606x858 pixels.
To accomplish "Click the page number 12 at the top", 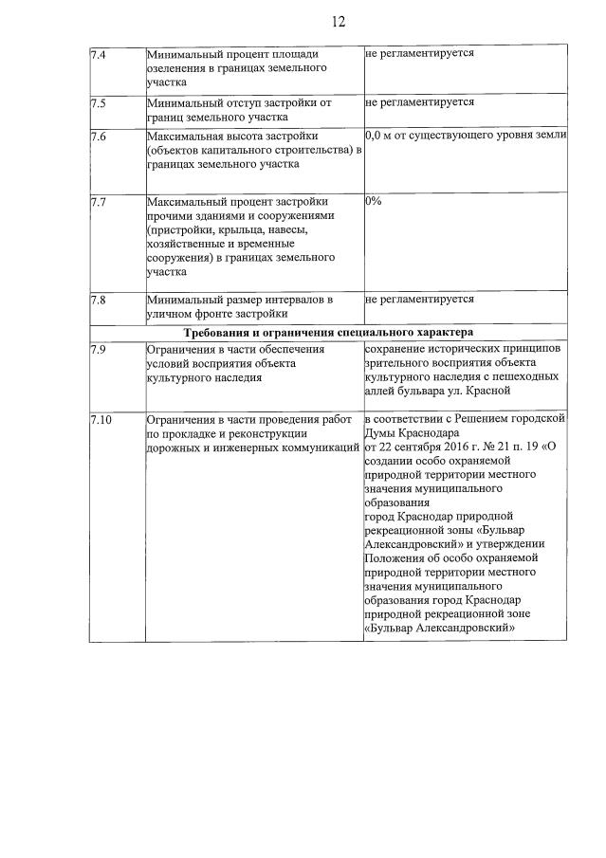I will coord(340,21).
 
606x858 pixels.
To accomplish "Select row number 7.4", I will coord(98,54).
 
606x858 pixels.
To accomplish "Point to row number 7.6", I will coord(98,137).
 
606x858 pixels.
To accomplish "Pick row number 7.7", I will coord(98,202).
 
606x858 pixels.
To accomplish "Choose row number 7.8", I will coord(98,300).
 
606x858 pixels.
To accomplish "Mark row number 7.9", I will coord(98,349).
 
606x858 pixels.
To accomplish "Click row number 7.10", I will coord(101,418).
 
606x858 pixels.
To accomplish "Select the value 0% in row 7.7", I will coord(373,202).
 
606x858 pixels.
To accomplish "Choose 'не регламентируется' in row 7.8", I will coord(418,300).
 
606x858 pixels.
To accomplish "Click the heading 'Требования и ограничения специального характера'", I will coord(328,332).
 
